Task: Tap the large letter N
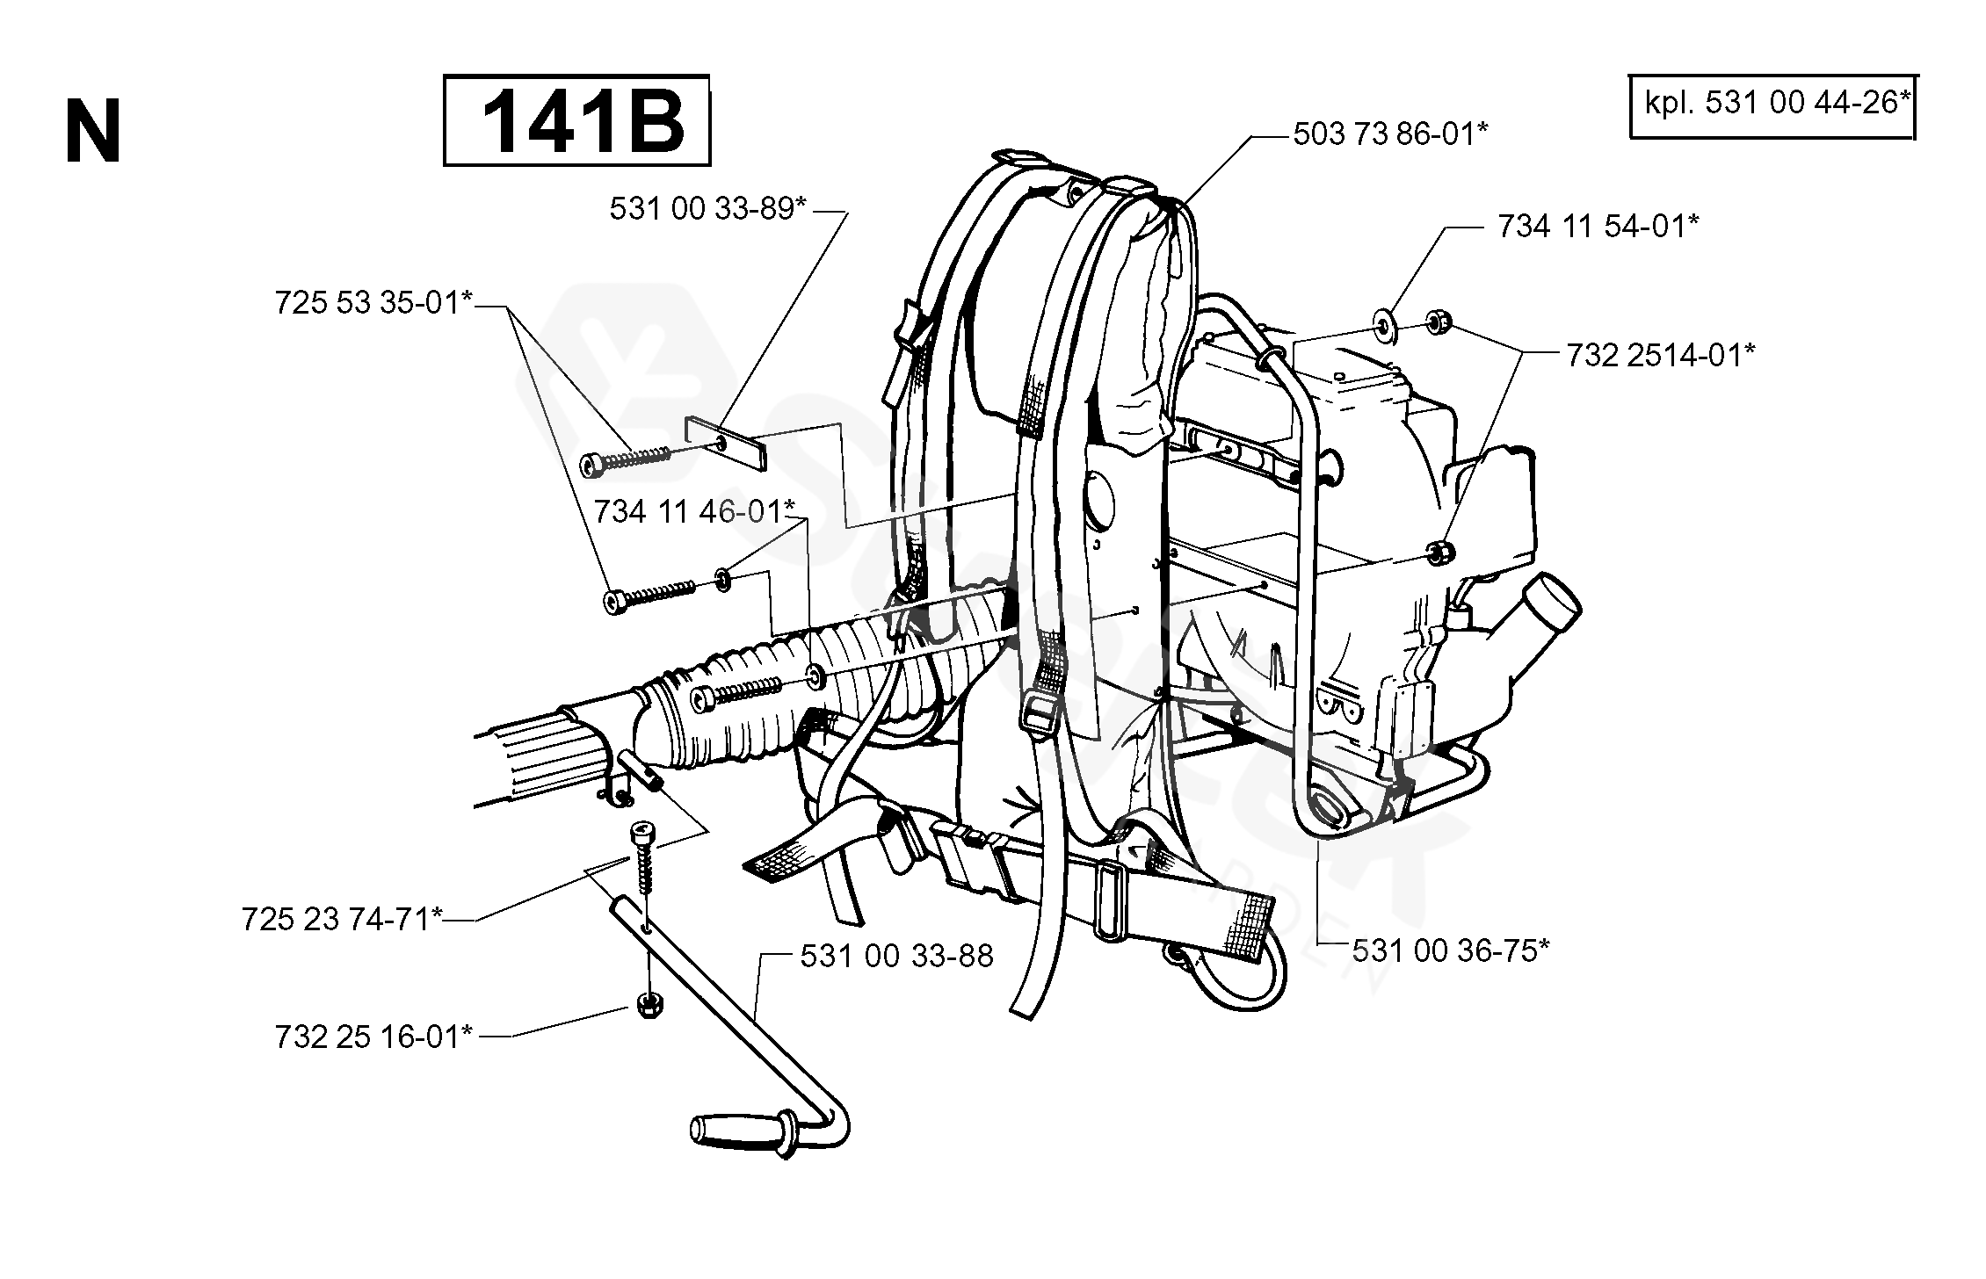coord(93,133)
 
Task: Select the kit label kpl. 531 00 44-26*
coord(1772,104)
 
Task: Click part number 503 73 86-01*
coord(1390,134)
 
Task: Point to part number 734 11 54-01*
coord(1598,226)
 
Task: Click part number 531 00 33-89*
coord(708,209)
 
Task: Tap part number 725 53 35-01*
coord(374,303)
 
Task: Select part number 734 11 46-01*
coord(695,511)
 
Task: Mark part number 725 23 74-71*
coord(342,920)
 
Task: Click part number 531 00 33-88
coord(896,956)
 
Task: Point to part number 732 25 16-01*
coord(374,1037)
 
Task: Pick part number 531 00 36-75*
coord(1451,950)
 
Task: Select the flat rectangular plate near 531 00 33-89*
coord(725,443)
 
